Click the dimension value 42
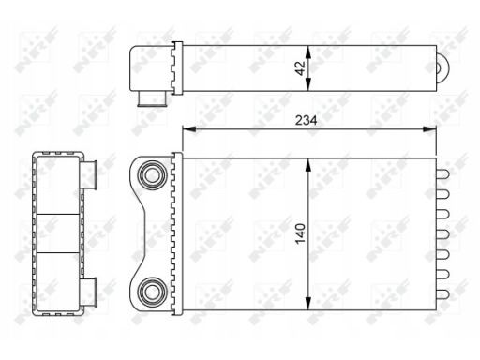coord(300,68)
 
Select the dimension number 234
coord(306,120)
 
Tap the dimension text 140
coord(300,233)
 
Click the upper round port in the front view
coord(152,174)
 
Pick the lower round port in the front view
coord(152,292)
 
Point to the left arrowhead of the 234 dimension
coord(189,129)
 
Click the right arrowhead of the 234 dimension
coord(429,129)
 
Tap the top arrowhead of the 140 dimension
coord(308,165)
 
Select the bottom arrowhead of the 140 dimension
coord(308,303)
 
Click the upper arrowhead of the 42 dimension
coord(308,52)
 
